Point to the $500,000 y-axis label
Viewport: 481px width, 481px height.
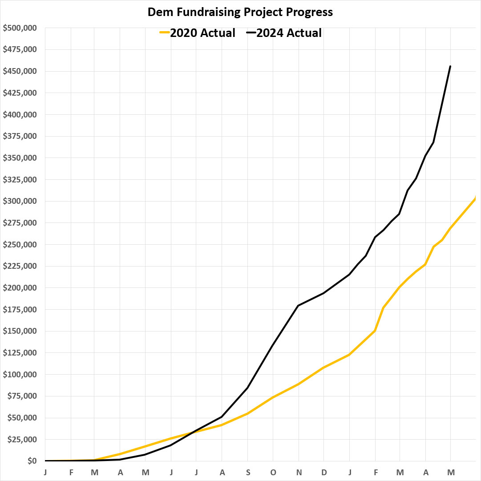(20, 28)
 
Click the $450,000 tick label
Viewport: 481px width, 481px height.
(20, 71)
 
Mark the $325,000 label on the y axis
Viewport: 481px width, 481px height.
(20, 180)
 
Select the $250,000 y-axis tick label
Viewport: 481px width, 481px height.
(20, 245)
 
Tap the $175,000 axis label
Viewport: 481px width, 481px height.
(20, 310)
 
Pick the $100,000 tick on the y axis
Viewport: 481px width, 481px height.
(20, 375)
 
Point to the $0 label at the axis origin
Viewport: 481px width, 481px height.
(32, 461)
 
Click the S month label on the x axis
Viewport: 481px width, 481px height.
(247, 472)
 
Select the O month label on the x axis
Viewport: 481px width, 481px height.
(273, 472)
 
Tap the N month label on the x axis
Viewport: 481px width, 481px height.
(299, 472)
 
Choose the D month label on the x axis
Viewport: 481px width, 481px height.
(324, 472)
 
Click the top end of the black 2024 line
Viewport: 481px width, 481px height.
(450, 66)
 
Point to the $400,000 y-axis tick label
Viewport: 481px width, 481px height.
(20, 115)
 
